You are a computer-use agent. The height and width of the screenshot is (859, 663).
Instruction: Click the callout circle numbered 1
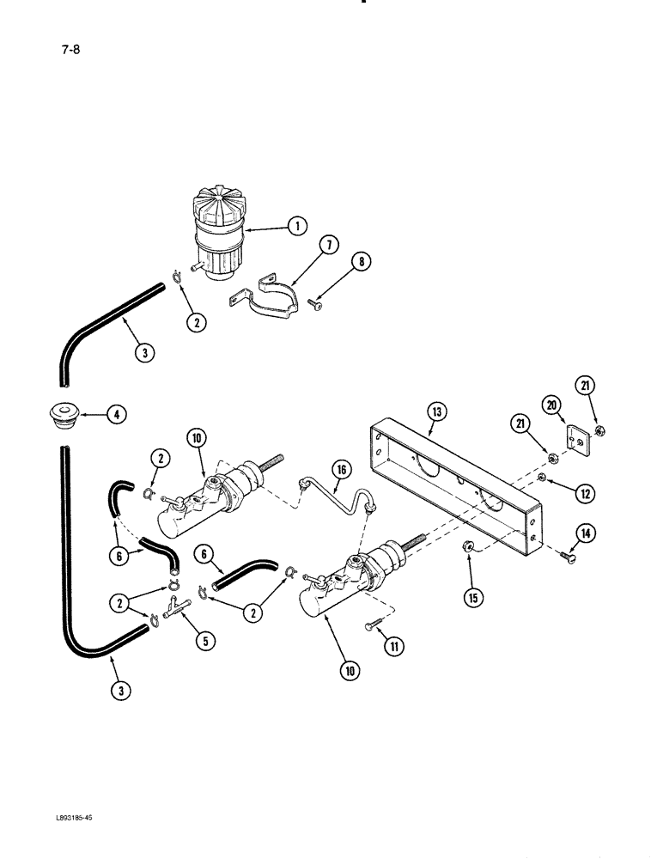[x=296, y=227]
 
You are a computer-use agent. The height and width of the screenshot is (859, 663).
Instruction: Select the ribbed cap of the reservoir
[x=211, y=204]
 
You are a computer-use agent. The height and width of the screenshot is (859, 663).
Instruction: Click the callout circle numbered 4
[x=117, y=416]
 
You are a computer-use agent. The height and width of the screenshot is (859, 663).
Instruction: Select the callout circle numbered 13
[x=436, y=413]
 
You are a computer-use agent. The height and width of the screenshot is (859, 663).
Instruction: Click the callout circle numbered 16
[x=342, y=468]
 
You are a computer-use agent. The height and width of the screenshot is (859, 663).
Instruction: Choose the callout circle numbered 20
[x=550, y=404]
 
